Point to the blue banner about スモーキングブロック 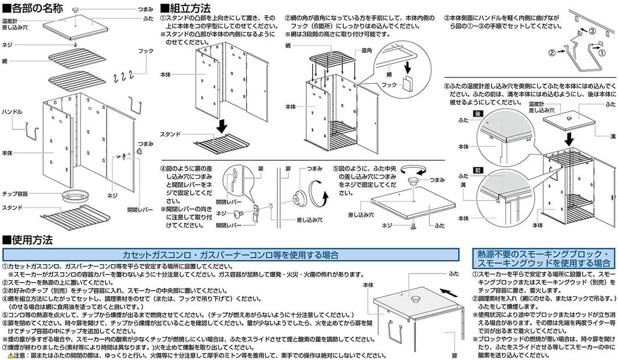pos(544,259)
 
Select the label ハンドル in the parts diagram pos(11,112)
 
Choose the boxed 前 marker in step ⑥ pos(479,170)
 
